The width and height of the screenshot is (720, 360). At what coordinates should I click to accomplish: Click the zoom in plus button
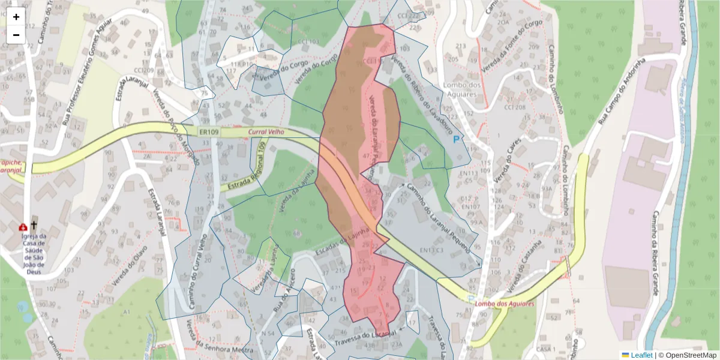[x=16, y=17]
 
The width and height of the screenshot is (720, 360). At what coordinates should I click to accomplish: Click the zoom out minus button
[x=16, y=35]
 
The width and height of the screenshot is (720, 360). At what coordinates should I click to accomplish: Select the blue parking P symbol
[x=456, y=139]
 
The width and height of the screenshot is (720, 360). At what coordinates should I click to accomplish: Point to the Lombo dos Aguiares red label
[x=504, y=304]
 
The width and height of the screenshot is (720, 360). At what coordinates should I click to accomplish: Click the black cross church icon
[x=34, y=226]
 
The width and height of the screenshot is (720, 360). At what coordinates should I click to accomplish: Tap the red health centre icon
[x=23, y=227]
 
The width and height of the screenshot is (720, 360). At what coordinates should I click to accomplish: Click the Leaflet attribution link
[x=641, y=355]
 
